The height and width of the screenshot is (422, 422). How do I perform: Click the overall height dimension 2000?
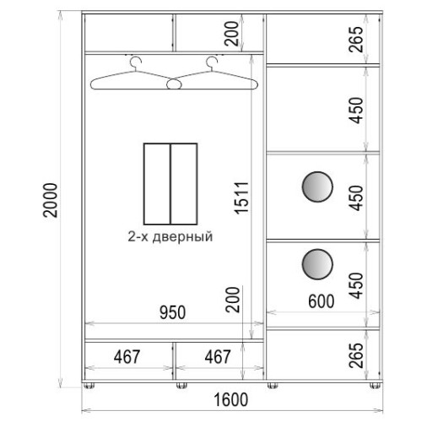point(51,200)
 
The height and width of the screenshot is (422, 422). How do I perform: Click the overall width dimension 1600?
point(231,400)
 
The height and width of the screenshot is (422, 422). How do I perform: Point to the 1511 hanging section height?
point(241,198)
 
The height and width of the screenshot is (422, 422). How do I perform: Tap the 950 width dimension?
point(172,312)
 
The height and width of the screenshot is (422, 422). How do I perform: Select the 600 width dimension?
point(321,301)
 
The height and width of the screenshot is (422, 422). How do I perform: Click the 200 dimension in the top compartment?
point(232,34)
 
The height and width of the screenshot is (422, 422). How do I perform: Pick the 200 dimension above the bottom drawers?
point(233,300)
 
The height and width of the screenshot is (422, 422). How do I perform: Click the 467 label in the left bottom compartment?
point(127,357)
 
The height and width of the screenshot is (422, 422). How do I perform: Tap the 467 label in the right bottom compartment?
point(218,357)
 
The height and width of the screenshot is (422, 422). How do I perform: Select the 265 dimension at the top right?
point(356,40)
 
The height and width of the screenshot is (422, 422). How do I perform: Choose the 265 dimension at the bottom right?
point(356,355)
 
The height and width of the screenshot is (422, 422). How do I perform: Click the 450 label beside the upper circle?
point(356,198)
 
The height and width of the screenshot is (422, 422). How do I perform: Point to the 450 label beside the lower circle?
point(356,285)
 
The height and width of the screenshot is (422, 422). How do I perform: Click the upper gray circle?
point(317,187)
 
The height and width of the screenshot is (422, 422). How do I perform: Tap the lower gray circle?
point(317,264)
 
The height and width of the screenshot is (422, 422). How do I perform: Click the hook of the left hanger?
point(136,62)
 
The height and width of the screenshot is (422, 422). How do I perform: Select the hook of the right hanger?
point(212,62)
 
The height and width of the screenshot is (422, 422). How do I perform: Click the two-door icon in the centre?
point(170,184)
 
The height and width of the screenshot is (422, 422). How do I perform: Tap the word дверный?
point(182,237)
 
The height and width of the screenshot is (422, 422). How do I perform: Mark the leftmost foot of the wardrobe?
point(89,386)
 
